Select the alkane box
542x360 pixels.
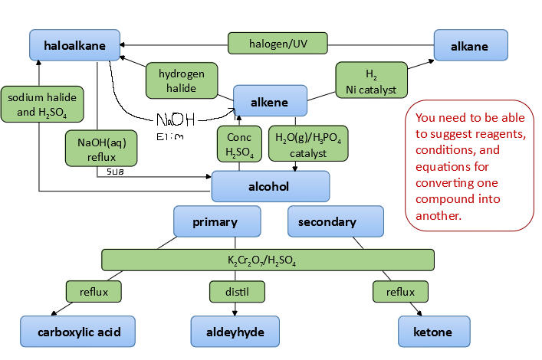(x=470, y=46)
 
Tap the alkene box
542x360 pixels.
(x=270, y=100)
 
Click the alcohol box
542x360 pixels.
(x=270, y=186)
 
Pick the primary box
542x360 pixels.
(x=215, y=222)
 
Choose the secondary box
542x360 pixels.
(x=335, y=222)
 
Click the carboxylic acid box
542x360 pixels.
(x=77, y=332)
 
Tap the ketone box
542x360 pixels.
(x=433, y=332)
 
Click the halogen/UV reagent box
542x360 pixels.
(x=278, y=44)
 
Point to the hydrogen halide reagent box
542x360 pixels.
(x=182, y=80)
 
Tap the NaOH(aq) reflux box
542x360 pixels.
(x=101, y=147)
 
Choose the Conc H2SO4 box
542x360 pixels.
(x=239, y=144)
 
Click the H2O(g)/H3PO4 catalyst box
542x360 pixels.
(x=308, y=145)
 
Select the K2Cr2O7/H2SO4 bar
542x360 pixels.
(x=268, y=260)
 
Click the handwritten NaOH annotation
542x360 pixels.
(x=176, y=120)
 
